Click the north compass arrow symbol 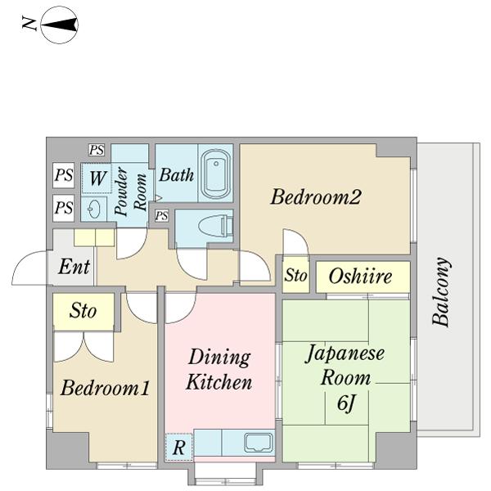click(59, 25)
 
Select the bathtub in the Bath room click(217, 173)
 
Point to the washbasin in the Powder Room click(96, 208)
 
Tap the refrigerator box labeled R click(178, 448)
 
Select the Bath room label click(176, 174)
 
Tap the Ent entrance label click(74, 267)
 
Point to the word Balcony click(442, 292)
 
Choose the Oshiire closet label click(360, 277)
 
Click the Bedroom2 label click(316, 197)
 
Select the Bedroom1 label click(105, 388)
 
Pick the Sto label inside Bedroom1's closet click(83, 311)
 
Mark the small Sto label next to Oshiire click(295, 277)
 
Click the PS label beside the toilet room click(162, 216)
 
